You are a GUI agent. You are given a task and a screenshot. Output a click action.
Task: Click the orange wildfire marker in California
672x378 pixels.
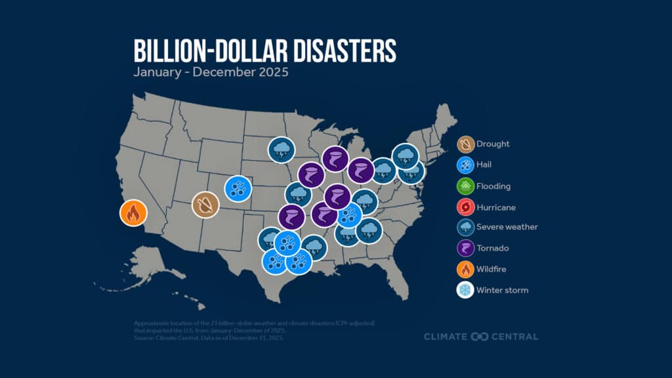[133, 214]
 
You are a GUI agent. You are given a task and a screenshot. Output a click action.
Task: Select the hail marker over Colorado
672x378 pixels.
[238, 188]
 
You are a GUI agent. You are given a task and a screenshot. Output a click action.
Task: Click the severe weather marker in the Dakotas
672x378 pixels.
[282, 150]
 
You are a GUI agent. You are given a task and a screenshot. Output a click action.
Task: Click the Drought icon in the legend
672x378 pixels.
[465, 144]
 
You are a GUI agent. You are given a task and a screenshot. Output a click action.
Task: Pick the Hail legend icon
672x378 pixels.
[465, 165]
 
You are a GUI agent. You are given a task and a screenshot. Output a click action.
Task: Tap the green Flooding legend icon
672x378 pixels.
[465, 186]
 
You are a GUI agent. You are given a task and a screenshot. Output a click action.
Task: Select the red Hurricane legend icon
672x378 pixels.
[465, 207]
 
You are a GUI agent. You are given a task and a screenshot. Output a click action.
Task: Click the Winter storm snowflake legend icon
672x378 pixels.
[465, 289]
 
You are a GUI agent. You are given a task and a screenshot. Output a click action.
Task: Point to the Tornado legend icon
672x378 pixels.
[465, 248]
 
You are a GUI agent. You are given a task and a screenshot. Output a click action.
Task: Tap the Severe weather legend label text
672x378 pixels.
[507, 227]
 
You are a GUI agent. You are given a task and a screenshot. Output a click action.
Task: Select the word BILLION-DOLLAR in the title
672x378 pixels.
[198, 51]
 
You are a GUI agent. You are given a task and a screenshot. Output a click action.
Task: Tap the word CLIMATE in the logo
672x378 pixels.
[445, 337]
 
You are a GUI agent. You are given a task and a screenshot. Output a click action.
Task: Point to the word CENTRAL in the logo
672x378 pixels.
[514, 337]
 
